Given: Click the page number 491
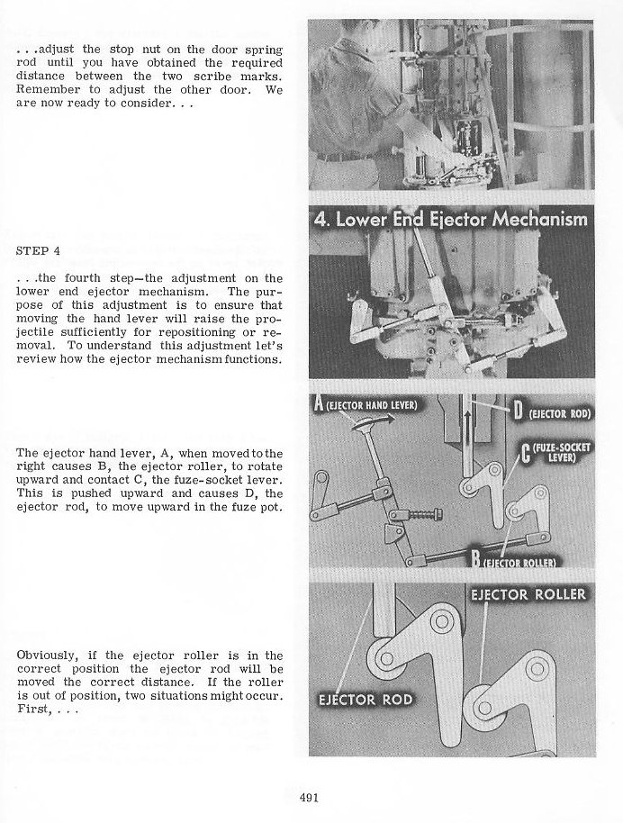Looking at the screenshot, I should (x=311, y=796).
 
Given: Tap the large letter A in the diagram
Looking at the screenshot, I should (x=318, y=403).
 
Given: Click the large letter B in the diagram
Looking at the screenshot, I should (x=474, y=561).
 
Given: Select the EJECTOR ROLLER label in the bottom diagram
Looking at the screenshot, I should (x=529, y=594).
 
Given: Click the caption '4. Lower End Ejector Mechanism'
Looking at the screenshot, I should (x=450, y=219).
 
